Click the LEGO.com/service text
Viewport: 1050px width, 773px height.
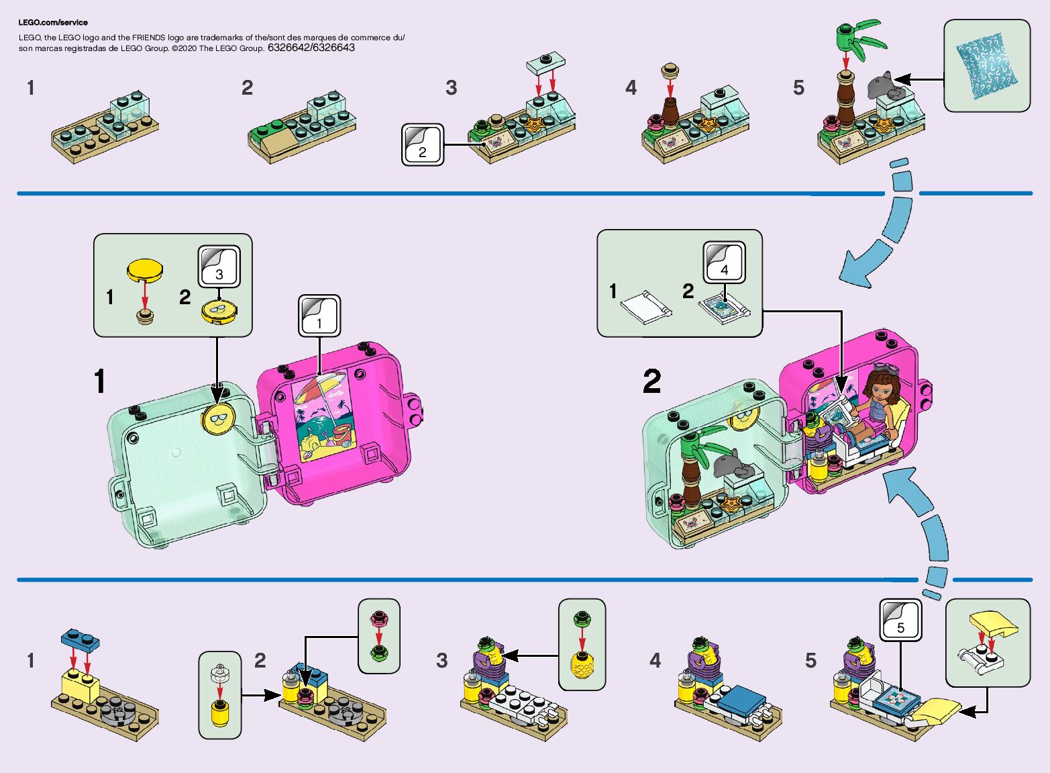click(53, 22)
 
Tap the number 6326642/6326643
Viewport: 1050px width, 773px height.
click(311, 48)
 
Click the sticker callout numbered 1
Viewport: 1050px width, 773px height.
click(319, 316)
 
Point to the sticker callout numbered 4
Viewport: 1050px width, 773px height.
click(724, 263)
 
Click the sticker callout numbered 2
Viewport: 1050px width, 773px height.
click(422, 144)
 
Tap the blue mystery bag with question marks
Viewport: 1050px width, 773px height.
click(987, 66)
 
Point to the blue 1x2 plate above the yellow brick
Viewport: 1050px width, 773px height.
click(80, 640)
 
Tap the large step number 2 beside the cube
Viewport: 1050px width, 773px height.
click(651, 381)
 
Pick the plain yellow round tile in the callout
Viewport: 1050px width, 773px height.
click(145, 269)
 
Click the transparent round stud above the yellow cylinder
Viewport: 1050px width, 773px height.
click(219, 672)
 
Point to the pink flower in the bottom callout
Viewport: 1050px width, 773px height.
click(379, 617)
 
